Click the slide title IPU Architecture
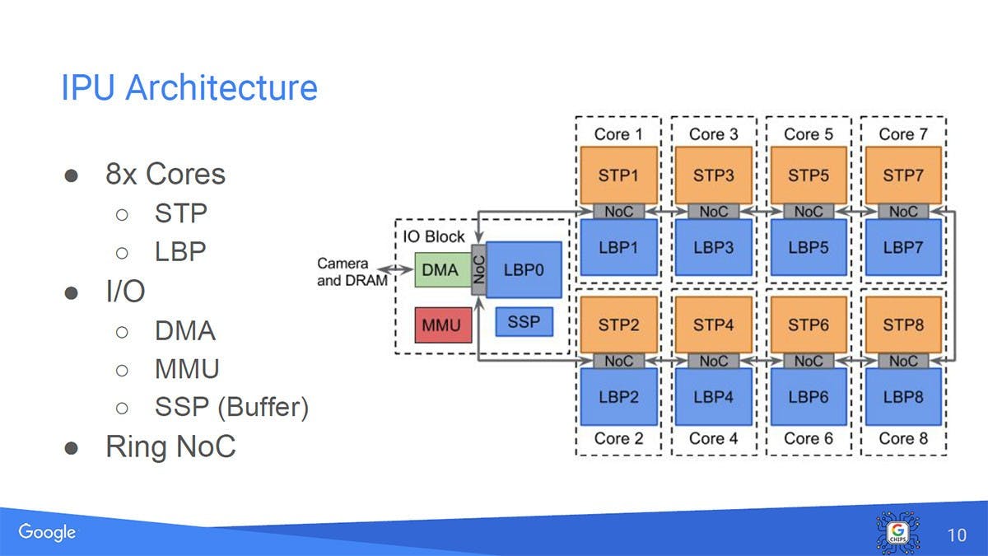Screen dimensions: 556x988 [189, 87]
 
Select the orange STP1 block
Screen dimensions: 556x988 [618, 175]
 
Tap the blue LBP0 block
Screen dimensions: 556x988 [524, 269]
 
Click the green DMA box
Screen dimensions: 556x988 [440, 269]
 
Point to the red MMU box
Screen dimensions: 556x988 [441, 325]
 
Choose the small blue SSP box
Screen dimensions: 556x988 [524, 321]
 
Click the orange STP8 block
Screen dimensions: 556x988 [902, 325]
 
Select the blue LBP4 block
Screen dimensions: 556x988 [713, 396]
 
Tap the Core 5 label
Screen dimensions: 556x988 [808, 133]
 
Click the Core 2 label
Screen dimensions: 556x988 [618, 438]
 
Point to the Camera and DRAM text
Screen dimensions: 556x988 [343, 271]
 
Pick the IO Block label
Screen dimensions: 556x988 [434, 236]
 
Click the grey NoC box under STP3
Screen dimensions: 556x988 [713, 212]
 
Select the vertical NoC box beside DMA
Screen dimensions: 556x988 [478, 269]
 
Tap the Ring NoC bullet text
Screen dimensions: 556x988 [170, 446]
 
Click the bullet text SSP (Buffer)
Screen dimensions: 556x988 [231, 407]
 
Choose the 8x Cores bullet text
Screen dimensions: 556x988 [165, 174]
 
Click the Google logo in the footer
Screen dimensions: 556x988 [47, 532]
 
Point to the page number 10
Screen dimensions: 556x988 [957, 535]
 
